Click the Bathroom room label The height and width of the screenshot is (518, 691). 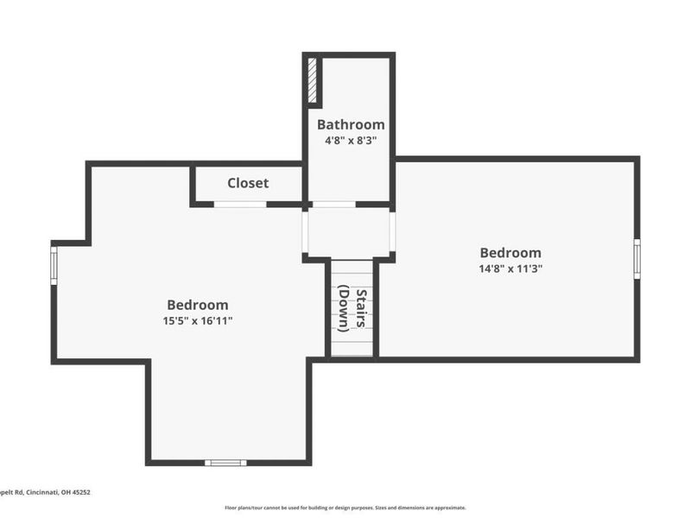click(351, 124)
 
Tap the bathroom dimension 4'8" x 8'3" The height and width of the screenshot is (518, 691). click(351, 140)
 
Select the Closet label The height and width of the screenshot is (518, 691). click(248, 183)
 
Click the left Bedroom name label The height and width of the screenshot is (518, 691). click(198, 305)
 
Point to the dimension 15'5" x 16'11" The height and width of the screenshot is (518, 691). click(198, 320)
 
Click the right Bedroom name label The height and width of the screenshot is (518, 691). click(510, 253)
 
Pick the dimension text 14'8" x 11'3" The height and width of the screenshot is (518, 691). click(510, 268)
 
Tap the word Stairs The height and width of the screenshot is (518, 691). click(363, 307)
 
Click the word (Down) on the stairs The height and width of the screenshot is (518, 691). click(344, 307)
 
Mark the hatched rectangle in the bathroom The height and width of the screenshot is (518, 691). click(313, 81)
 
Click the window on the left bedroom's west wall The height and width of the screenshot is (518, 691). click(54, 266)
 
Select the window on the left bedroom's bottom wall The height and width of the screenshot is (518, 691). click(225, 463)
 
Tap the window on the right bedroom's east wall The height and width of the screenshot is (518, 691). click(637, 258)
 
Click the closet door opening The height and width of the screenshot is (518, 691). click(240, 205)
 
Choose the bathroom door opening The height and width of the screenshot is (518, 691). click(333, 205)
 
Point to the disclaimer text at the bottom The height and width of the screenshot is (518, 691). click(345, 508)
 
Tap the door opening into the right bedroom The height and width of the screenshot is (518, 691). click(392, 231)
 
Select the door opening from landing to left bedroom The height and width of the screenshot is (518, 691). click(305, 231)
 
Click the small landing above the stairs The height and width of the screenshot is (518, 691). click(349, 232)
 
